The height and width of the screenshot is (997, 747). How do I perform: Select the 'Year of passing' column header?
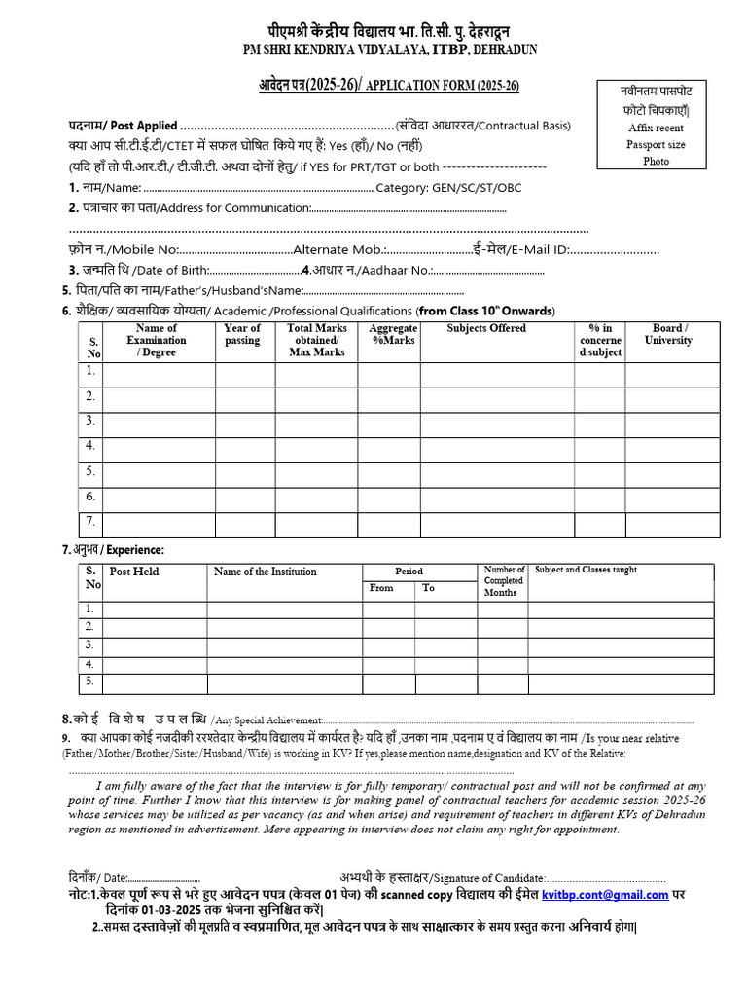[242, 335]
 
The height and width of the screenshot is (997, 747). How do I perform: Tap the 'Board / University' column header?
[668, 335]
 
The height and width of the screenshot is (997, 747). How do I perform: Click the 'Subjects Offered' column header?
[486, 329]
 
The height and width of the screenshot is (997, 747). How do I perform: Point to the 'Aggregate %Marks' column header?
[393, 335]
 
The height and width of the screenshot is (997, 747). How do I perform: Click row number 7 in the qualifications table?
[89, 521]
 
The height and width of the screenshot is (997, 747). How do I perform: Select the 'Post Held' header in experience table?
[134, 572]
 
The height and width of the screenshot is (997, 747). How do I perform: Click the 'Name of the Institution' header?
[265, 572]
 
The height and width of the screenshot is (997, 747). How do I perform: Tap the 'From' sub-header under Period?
[381, 588]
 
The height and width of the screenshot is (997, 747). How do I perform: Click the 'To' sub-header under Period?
[428, 588]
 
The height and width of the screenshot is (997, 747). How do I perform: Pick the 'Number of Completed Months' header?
[504, 580]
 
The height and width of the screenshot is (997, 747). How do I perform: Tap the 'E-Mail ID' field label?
[533, 250]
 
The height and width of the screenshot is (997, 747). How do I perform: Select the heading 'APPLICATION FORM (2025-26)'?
[442, 87]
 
